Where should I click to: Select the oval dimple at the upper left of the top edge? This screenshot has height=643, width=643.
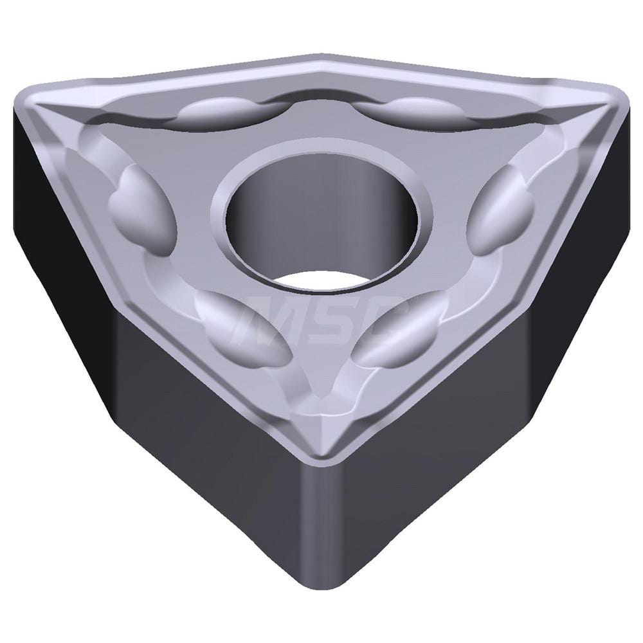point(222,112)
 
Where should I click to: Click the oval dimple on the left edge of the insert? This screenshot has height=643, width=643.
point(141,209)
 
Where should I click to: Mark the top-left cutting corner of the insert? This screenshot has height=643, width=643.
point(32,96)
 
